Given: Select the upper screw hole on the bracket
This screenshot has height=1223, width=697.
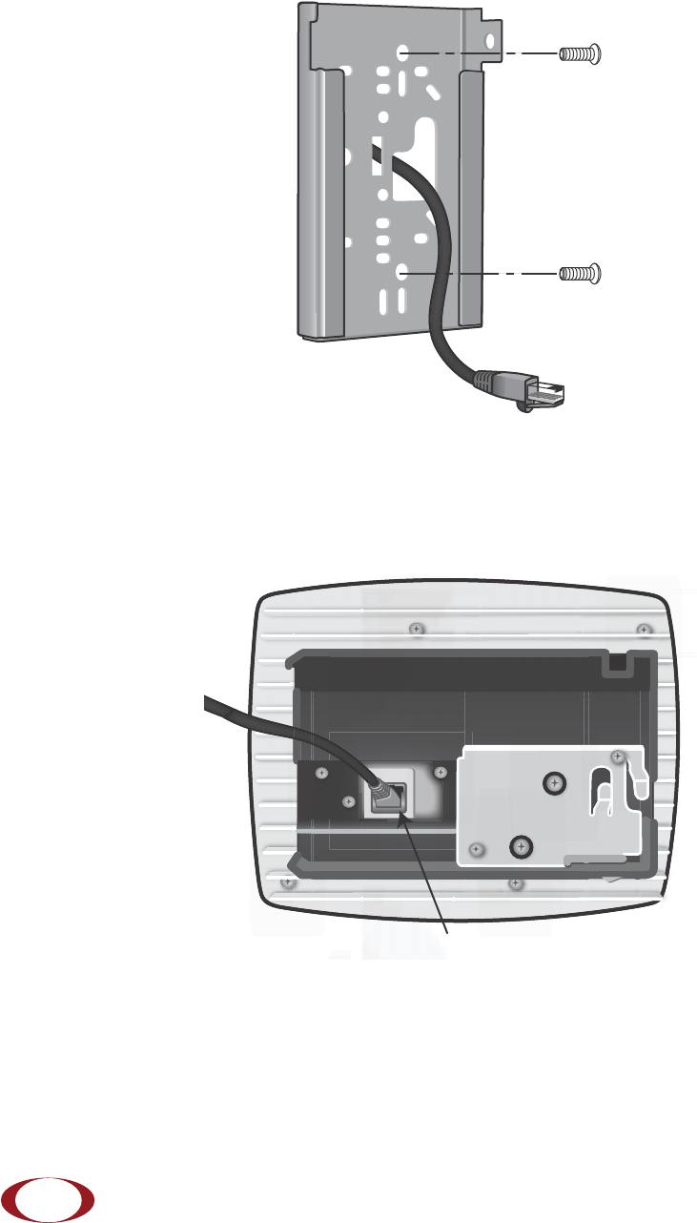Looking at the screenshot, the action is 403,53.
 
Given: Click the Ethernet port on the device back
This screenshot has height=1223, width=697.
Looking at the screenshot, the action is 395,795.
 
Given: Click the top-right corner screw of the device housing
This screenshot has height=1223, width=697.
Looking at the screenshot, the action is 644,630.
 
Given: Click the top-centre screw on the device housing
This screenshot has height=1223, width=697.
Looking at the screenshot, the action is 415,629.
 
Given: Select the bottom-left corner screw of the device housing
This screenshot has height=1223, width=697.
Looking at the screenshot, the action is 288,882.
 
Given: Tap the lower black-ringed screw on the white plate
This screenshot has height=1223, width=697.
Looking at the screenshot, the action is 520,845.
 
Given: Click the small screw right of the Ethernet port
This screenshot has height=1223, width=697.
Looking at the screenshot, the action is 440,771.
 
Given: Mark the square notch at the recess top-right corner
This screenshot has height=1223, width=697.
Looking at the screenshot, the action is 618,661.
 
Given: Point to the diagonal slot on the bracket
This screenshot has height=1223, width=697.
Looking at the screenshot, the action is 432,93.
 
